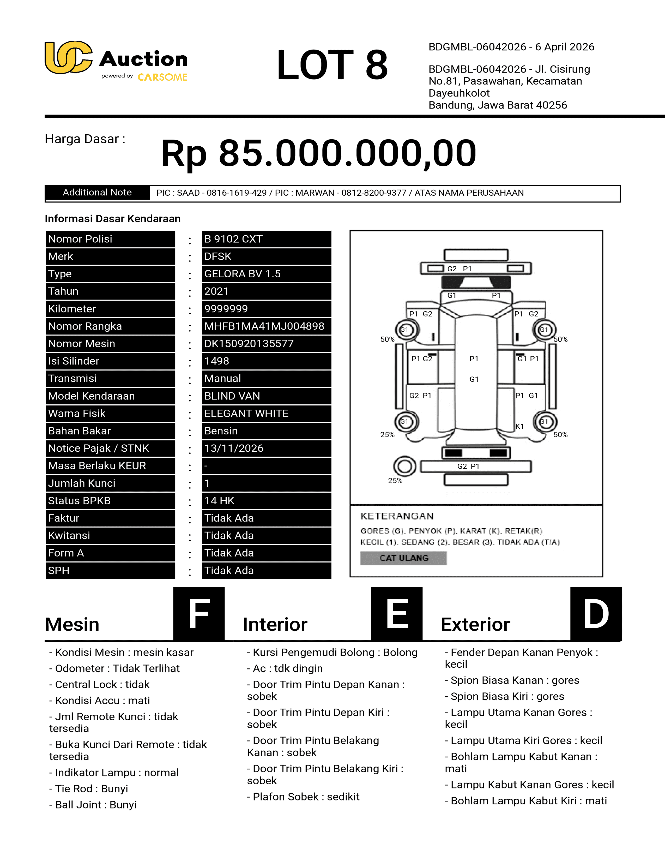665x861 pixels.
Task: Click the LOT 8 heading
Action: (332, 65)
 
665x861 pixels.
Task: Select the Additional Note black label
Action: (97, 192)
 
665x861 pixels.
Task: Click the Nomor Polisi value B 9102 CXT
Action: (233, 239)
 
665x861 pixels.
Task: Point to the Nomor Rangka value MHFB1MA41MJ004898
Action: (264, 326)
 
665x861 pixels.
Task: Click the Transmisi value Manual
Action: (223, 379)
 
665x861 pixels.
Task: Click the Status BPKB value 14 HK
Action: (219, 501)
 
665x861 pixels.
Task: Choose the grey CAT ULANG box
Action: (403, 558)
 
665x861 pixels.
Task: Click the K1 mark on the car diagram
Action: (520, 426)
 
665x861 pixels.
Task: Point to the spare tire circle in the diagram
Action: (404, 467)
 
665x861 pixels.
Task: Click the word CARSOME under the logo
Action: (162, 77)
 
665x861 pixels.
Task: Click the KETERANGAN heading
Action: (397, 516)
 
